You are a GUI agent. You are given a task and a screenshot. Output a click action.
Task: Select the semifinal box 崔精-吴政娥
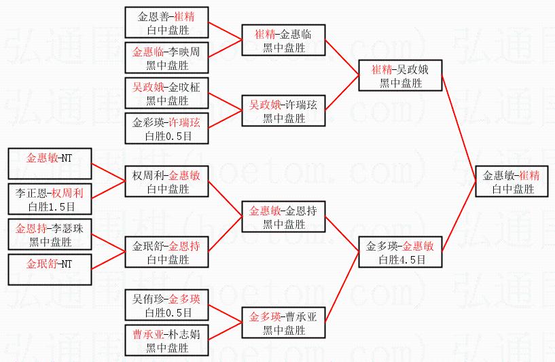pyautogui.click(x=401, y=76)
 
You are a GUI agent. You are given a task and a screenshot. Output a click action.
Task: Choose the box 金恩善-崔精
pyautogui.click(x=167, y=22)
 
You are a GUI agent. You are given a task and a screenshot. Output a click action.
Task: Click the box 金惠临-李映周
pyautogui.click(x=167, y=58)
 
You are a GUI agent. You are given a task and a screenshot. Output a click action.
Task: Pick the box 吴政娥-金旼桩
pyautogui.click(x=167, y=94)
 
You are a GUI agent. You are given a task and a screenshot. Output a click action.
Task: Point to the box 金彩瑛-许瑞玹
pyautogui.click(x=167, y=129)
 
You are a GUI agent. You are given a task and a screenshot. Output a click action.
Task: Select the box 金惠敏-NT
pyautogui.click(x=50, y=164)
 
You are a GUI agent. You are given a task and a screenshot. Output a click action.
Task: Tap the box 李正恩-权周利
pyautogui.click(x=50, y=200)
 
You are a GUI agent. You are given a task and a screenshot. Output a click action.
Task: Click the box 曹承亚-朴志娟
pyautogui.click(x=167, y=341)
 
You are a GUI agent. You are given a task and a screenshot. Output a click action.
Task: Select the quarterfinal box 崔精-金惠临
pyautogui.click(x=284, y=41)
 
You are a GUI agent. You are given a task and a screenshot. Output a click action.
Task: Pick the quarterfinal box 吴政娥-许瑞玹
pyautogui.click(x=284, y=111)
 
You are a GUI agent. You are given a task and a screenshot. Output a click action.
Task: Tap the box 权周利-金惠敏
pyautogui.click(x=167, y=182)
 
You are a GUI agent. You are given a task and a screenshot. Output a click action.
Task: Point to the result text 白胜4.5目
pyautogui.click(x=401, y=259)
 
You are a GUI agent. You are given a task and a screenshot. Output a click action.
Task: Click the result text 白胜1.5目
pyautogui.click(x=50, y=206)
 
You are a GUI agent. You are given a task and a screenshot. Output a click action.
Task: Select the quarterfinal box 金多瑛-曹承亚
pyautogui.click(x=284, y=323)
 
